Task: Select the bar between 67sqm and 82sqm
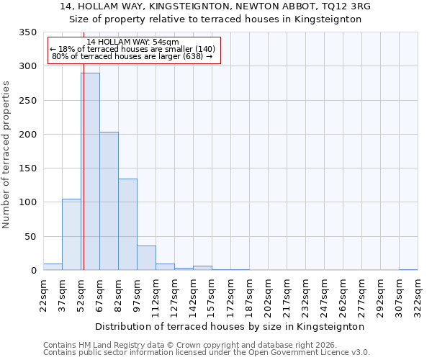click(x=109, y=201)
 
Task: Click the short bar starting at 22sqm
click(x=53, y=266)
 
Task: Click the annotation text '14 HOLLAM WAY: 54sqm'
click(x=133, y=42)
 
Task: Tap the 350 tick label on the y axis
click(x=27, y=32)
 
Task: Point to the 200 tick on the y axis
click(x=27, y=135)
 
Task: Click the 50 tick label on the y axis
click(x=30, y=237)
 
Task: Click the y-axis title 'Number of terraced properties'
click(x=7, y=154)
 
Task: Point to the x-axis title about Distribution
click(x=230, y=326)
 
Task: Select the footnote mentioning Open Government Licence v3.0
click(x=206, y=353)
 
